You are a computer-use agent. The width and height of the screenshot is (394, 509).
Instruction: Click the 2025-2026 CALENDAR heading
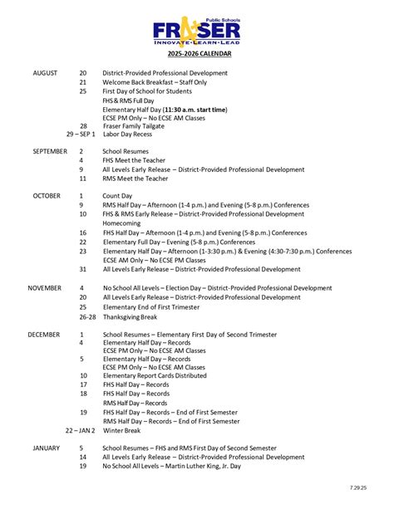(x=197, y=54)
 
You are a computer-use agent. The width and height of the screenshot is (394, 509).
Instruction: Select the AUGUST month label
(x=45, y=73)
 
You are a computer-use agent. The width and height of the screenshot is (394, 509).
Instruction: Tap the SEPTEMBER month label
(x=50, y=152)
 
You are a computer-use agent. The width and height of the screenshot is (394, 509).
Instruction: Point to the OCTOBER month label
(x=47, y=195)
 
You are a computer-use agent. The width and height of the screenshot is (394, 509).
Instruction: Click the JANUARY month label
(x=47, y=448)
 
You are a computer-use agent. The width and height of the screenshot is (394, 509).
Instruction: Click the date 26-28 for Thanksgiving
(x=87, y=316)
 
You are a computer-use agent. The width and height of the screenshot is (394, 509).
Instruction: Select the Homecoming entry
(x=121, y=223)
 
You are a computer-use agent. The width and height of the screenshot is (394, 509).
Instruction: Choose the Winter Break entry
(x=121, y=430)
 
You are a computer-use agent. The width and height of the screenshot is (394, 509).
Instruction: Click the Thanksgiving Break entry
(x=131, y=316)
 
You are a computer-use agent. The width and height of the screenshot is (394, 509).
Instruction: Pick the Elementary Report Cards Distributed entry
(x=155, y=375)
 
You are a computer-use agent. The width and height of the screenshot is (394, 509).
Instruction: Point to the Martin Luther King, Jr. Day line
(x=171, y=466)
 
